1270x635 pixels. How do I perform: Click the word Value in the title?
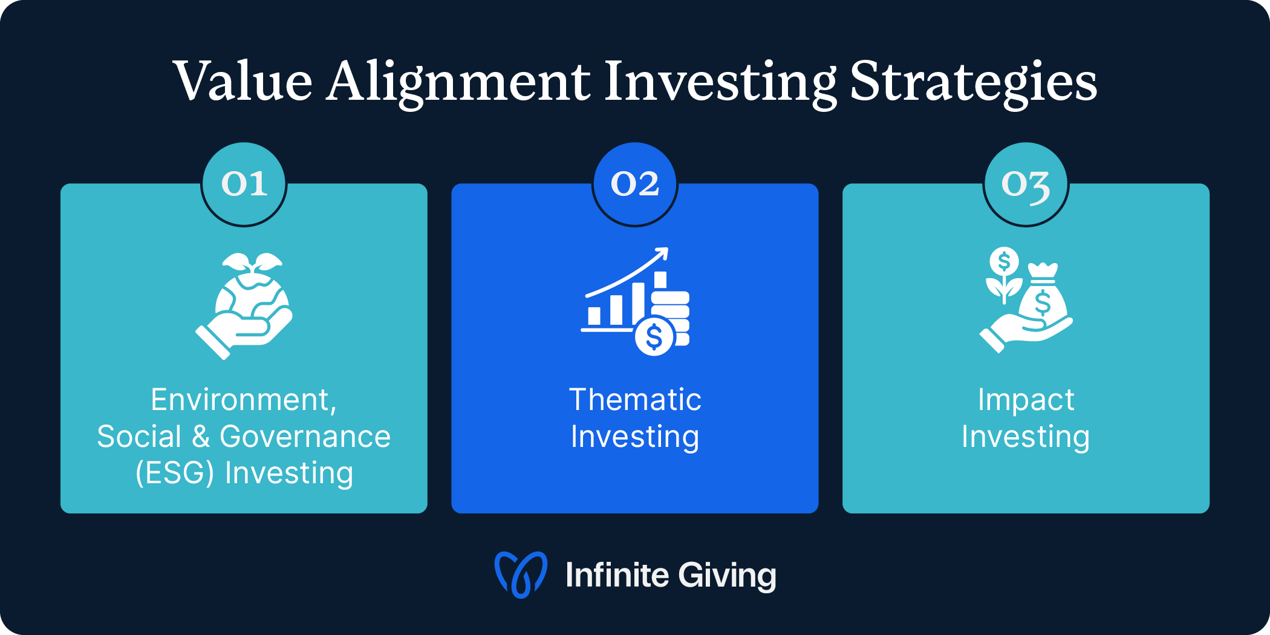[242, 82]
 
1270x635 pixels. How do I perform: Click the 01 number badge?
[244, 184]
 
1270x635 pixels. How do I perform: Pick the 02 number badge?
[634, 184]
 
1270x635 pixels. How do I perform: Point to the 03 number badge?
[1026, 184]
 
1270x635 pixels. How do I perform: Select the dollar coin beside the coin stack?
[654, 337]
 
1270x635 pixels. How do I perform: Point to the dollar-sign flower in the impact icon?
[1004, 266]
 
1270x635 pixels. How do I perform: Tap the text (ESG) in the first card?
[175, 473]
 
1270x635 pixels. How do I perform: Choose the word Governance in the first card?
[305, 437]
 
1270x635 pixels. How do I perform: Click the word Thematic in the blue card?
[635, 400]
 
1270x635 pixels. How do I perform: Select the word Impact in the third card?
[1026, 400]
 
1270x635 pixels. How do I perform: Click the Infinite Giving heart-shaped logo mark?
[521, 575]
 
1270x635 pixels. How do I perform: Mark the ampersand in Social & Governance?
[201, 437]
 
